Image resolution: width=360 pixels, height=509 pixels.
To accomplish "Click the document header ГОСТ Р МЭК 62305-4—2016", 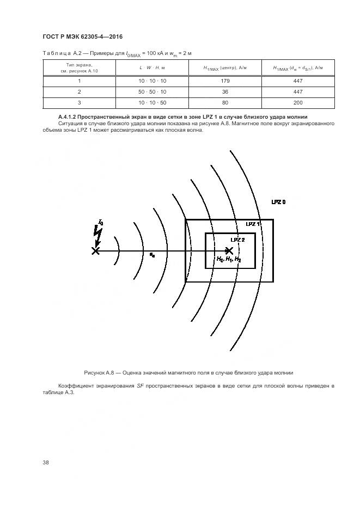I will click(82, 36).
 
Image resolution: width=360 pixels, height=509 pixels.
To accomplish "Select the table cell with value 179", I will click(225, 81).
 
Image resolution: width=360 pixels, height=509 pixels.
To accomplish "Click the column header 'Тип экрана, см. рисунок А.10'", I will click(79, 68).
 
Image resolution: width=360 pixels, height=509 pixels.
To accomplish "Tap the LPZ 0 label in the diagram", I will click(278, 202).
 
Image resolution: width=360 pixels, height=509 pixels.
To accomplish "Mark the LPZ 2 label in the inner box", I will click(238, 240).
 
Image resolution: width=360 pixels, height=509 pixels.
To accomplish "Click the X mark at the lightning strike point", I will click(96, 250).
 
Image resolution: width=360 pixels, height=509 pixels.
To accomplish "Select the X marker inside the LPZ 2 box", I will click(229, 250).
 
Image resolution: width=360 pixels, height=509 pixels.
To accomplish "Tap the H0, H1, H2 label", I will click(229, 260).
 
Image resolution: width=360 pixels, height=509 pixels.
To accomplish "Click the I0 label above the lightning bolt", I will click(100, 222).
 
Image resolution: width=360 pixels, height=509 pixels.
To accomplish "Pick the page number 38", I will click(46, 462).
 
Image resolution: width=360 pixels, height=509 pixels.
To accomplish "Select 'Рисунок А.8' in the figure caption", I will click(101, 372).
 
